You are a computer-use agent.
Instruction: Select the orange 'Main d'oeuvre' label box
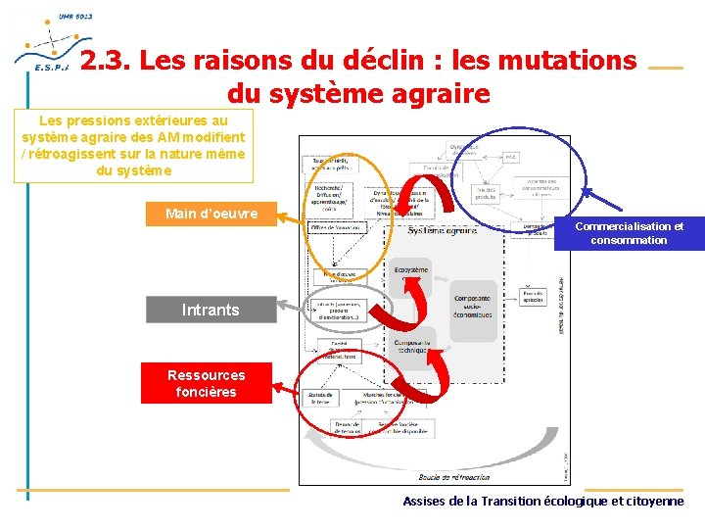click(x=211, y=214)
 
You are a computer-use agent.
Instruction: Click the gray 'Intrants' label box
click(x=211, y=310)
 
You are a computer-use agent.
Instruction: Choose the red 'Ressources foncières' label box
click(x=206, y=383)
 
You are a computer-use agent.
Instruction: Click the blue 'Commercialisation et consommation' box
click(x=629, y=233)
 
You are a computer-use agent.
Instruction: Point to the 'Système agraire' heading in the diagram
click(x=443, y=231)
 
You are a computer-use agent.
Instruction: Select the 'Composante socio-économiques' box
click(x=474, y=310)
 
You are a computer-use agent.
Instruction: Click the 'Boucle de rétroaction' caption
click(x=454, y=477)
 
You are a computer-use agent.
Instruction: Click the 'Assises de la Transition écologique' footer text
click(x=543, y=501)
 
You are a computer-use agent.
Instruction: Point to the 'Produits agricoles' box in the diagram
click(x=534, y=297)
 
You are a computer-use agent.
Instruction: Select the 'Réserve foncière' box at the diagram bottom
click(x=400, y=428)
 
